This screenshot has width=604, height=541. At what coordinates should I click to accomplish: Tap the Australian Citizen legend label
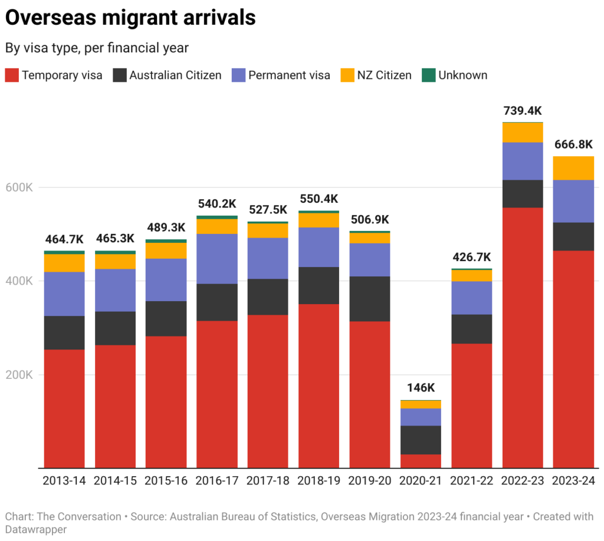(x=175, y=75)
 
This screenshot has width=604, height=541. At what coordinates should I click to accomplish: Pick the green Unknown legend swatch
(x=429, y=75)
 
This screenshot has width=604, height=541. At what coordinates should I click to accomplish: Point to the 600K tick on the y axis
(x=19, y=187)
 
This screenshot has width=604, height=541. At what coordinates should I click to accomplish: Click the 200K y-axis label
(x=19, y=375)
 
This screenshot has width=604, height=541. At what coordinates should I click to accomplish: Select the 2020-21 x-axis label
(x=421, y=481)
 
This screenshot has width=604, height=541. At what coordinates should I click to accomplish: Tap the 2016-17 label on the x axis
(x=217, y=481)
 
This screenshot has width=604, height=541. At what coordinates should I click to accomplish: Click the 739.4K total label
(x=522, y=111)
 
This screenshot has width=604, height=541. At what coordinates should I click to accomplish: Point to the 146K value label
(x=421, y=388)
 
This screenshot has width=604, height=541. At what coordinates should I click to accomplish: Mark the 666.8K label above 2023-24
(x=573, y=144)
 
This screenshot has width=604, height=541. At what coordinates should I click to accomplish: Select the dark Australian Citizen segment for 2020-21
(x=421, y=440)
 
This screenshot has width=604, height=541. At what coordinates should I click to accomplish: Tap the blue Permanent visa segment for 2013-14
(x=64, y=293)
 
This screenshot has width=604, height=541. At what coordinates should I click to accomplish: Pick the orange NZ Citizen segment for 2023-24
(x=573, y=168)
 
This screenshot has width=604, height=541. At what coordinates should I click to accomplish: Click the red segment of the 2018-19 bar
(x=319, y=385)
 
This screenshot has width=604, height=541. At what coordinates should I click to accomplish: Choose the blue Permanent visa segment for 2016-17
(x=217, y=259)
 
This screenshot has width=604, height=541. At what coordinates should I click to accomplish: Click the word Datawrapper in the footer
(x=35, y=529)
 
